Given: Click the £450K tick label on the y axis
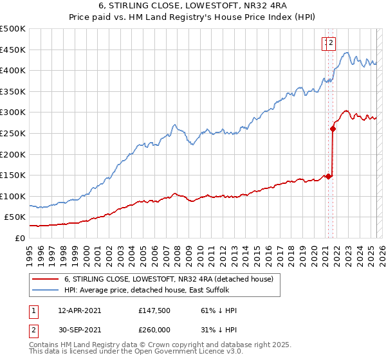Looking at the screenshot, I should pos(13,50).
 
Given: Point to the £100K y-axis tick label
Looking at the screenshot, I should pos(13,196).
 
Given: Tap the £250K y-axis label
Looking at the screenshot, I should pos(13,133).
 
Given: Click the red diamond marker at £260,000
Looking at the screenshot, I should pos(333,129).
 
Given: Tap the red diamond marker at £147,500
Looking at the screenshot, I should pos(328,176).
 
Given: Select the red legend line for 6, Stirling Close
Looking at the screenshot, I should pos(44,279).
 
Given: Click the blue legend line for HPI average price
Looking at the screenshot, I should pos(44,291).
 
